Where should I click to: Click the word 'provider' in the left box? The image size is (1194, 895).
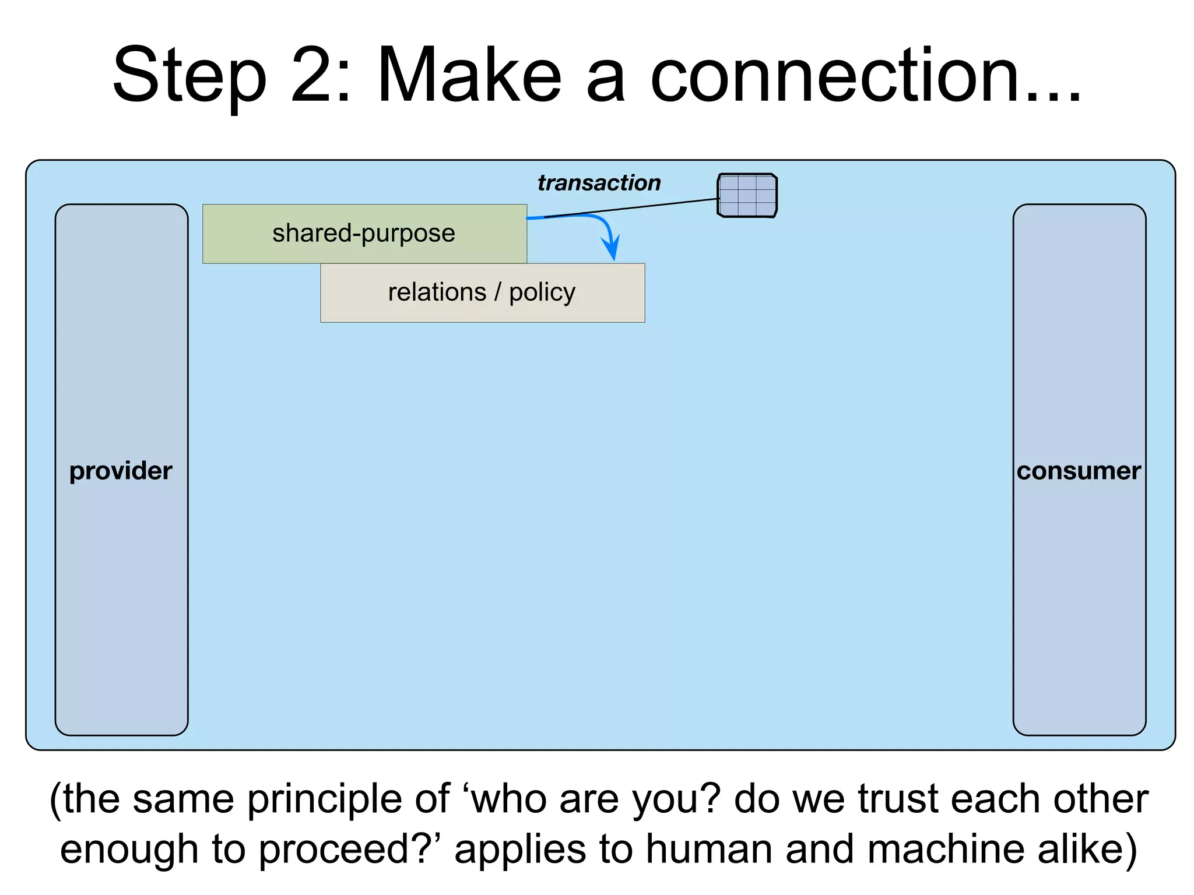pos(121,471)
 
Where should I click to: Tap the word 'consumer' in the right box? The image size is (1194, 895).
pos(1079,471)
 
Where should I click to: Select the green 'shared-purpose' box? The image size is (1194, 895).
pos(364,234)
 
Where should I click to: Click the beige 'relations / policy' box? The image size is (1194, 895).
pos(482,293)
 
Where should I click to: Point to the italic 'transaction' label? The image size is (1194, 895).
pos(599,183)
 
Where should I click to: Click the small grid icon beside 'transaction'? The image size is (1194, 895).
pos(747,196)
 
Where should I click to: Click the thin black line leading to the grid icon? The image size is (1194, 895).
pos(641,207)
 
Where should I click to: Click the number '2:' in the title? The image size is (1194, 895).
pos(321,76)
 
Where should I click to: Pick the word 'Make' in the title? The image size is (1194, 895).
pos(469,76)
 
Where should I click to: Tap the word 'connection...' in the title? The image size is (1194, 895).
pos(865,76)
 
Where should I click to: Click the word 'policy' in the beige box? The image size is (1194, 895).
pos(542,293)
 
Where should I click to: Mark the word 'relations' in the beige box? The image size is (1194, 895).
pos(437,292)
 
